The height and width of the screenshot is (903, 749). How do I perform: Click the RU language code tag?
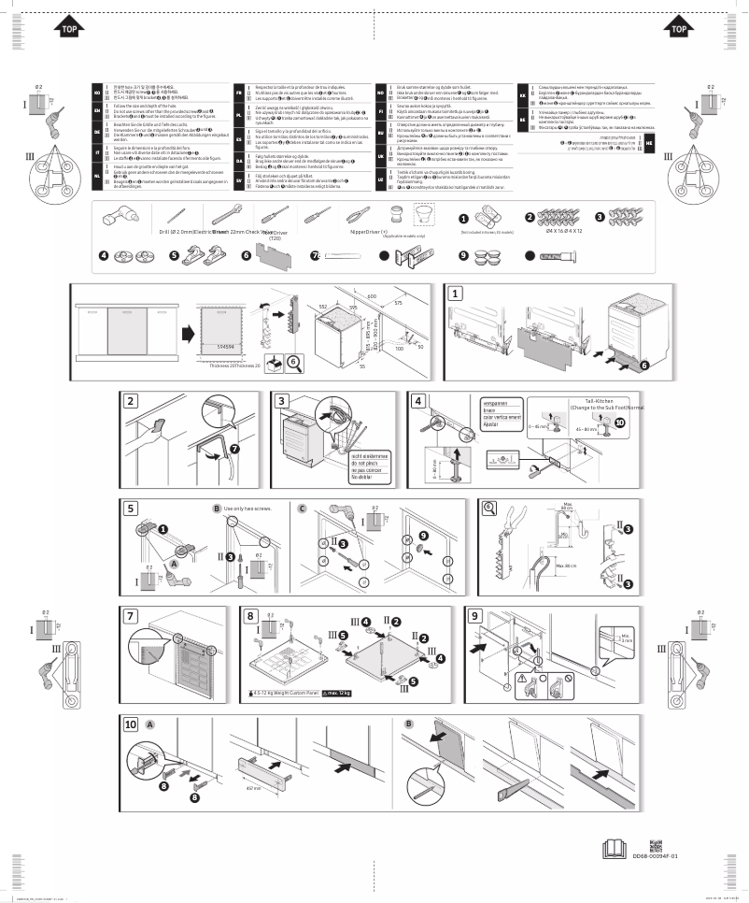point(380,142)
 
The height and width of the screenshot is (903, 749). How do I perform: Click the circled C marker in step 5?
point(303,509)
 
